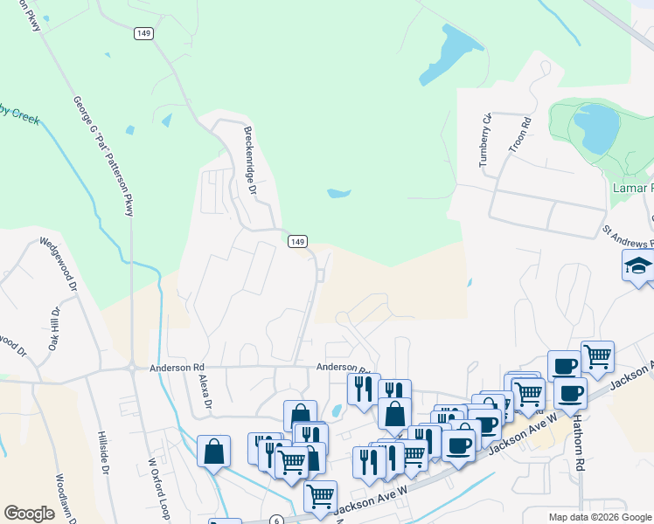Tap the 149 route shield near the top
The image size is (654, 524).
coord(143,33)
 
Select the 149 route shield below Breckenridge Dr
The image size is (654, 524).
coord(297,241)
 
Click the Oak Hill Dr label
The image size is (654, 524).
coord(54,329)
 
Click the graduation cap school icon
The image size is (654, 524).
coord(638,265)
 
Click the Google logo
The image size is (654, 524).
coord(29,514)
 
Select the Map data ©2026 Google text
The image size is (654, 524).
coord(600,517)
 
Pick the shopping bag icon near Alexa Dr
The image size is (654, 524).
coord(213,452)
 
